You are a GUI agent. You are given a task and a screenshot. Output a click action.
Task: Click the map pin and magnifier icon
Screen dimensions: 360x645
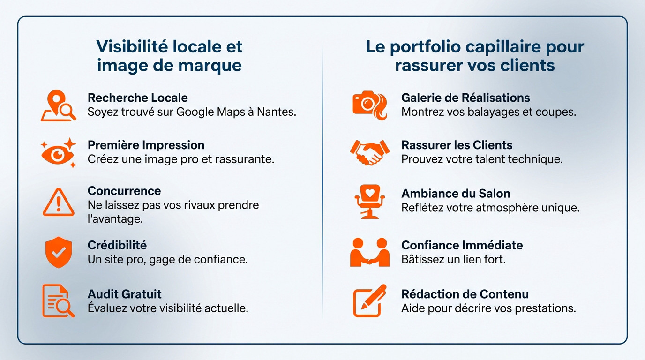(59, 105)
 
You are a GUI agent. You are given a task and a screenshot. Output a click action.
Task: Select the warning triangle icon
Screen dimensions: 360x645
(59, 202)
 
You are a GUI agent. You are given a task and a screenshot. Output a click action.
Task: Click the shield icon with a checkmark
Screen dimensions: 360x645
(59, 253)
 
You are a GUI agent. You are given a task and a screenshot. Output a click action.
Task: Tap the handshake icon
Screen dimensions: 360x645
(370, 152)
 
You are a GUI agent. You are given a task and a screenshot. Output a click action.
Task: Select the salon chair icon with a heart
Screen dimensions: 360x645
(369, 202)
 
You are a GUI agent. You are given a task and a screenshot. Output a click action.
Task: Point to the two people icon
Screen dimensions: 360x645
(370, 252)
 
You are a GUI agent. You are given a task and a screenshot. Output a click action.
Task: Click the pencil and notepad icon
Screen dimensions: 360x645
(370, 300)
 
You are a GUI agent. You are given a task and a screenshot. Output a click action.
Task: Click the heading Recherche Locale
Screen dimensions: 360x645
(138, 98)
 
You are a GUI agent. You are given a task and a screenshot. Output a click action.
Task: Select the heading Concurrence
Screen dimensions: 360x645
(124, 191)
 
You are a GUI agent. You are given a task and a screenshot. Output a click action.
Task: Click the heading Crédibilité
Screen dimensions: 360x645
(117, 245)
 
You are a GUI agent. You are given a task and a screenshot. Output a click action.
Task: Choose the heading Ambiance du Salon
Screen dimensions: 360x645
(456, 194)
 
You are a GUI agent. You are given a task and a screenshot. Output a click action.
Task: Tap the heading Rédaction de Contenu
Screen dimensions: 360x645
(465, 294)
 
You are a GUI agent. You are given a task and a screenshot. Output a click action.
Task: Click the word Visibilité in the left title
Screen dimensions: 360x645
(131, 46)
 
